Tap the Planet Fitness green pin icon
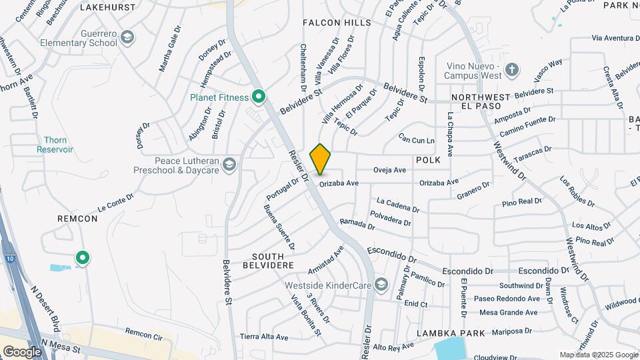[x=257, y=97]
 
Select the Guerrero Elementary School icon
[x=127, y=38]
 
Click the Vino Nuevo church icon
[x=512, y=70]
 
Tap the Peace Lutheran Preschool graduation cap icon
[x=230, y=165]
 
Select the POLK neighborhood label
[x=428, y=161]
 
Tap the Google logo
[x=22, y=351]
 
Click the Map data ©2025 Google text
[x=598, y=355]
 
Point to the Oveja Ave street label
[x=390, y=170]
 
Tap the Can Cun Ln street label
[x=416, y=139]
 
